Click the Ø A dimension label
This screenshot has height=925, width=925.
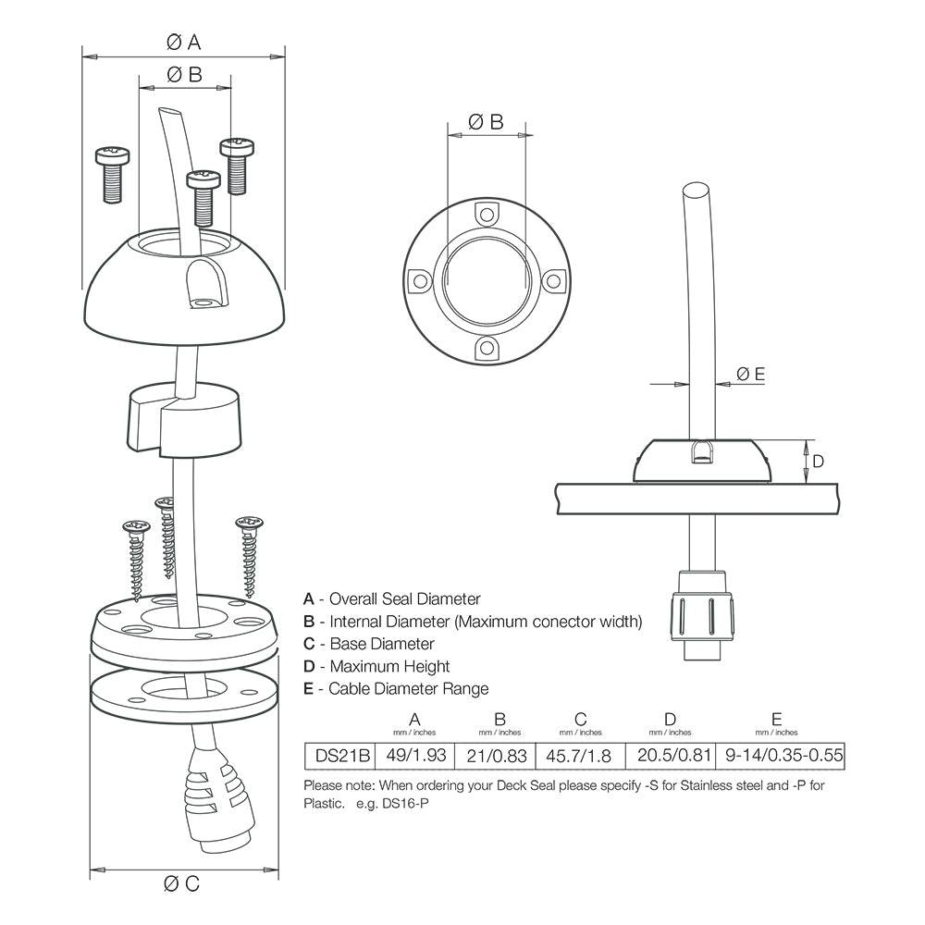pyautogui.click(x=183, y=42)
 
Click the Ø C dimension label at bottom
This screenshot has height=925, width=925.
pyautogui.click(x=182, y=883)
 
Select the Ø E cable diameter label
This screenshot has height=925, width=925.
pyautogui.click(x=750, y=374)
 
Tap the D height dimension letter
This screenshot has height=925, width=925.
pyautogui.click(x=818, y=461)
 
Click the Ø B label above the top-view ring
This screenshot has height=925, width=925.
pyautogui.click(x=486, y=121)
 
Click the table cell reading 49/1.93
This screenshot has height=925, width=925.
pyautogui.click(x=414, y=755)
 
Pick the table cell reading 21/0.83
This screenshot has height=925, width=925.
pyautogui.click(x=498, y=755)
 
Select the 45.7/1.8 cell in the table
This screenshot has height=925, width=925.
pyautogui.click(x=580, y=755)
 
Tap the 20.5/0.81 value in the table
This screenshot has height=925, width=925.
pyautogui.click(x=671, y=755)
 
